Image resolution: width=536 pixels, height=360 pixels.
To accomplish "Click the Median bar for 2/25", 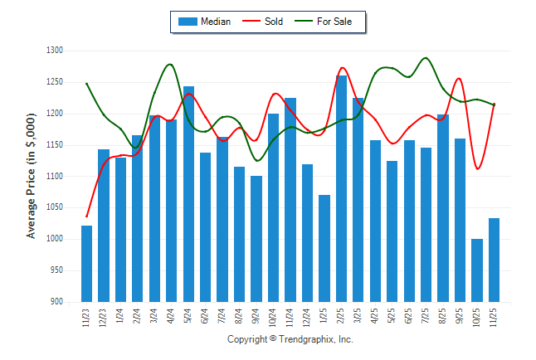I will (x=341, y=188).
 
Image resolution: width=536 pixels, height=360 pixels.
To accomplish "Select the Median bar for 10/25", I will (x=477, y=270).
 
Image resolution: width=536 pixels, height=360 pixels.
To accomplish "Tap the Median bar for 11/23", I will (x=86, y=263).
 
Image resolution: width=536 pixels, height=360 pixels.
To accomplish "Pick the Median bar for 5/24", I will (x=188, y=193).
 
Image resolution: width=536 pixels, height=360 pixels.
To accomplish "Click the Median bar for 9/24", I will (x=256, y=238).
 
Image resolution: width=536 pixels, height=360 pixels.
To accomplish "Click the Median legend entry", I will (x=204, y=22).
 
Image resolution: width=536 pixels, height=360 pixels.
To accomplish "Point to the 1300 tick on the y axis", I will (x=55, y=51).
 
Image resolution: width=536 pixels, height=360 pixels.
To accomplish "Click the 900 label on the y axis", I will (x=56, y=302).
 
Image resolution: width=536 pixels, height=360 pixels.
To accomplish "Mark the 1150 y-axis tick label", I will (x=55, y=145).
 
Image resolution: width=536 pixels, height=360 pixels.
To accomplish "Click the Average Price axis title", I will (x=32, y=177).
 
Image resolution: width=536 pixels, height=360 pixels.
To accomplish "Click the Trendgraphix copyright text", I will (x=290, y=340).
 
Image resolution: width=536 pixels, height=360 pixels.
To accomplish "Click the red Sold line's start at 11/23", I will (x=86, y=216).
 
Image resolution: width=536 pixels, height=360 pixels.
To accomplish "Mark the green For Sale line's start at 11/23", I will (x=86, y=83).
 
